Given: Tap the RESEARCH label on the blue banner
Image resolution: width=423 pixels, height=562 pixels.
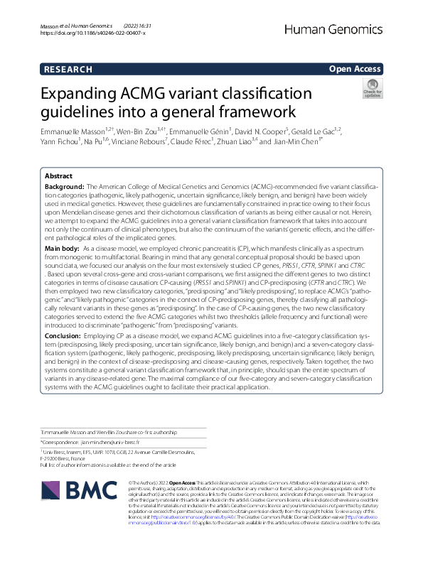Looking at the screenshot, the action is pos(68,70).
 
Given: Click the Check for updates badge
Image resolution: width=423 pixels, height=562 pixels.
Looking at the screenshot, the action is pos(372,89).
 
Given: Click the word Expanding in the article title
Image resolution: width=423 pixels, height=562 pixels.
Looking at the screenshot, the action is pos(80,94).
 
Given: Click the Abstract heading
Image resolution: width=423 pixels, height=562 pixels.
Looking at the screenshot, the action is pos(58,175).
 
